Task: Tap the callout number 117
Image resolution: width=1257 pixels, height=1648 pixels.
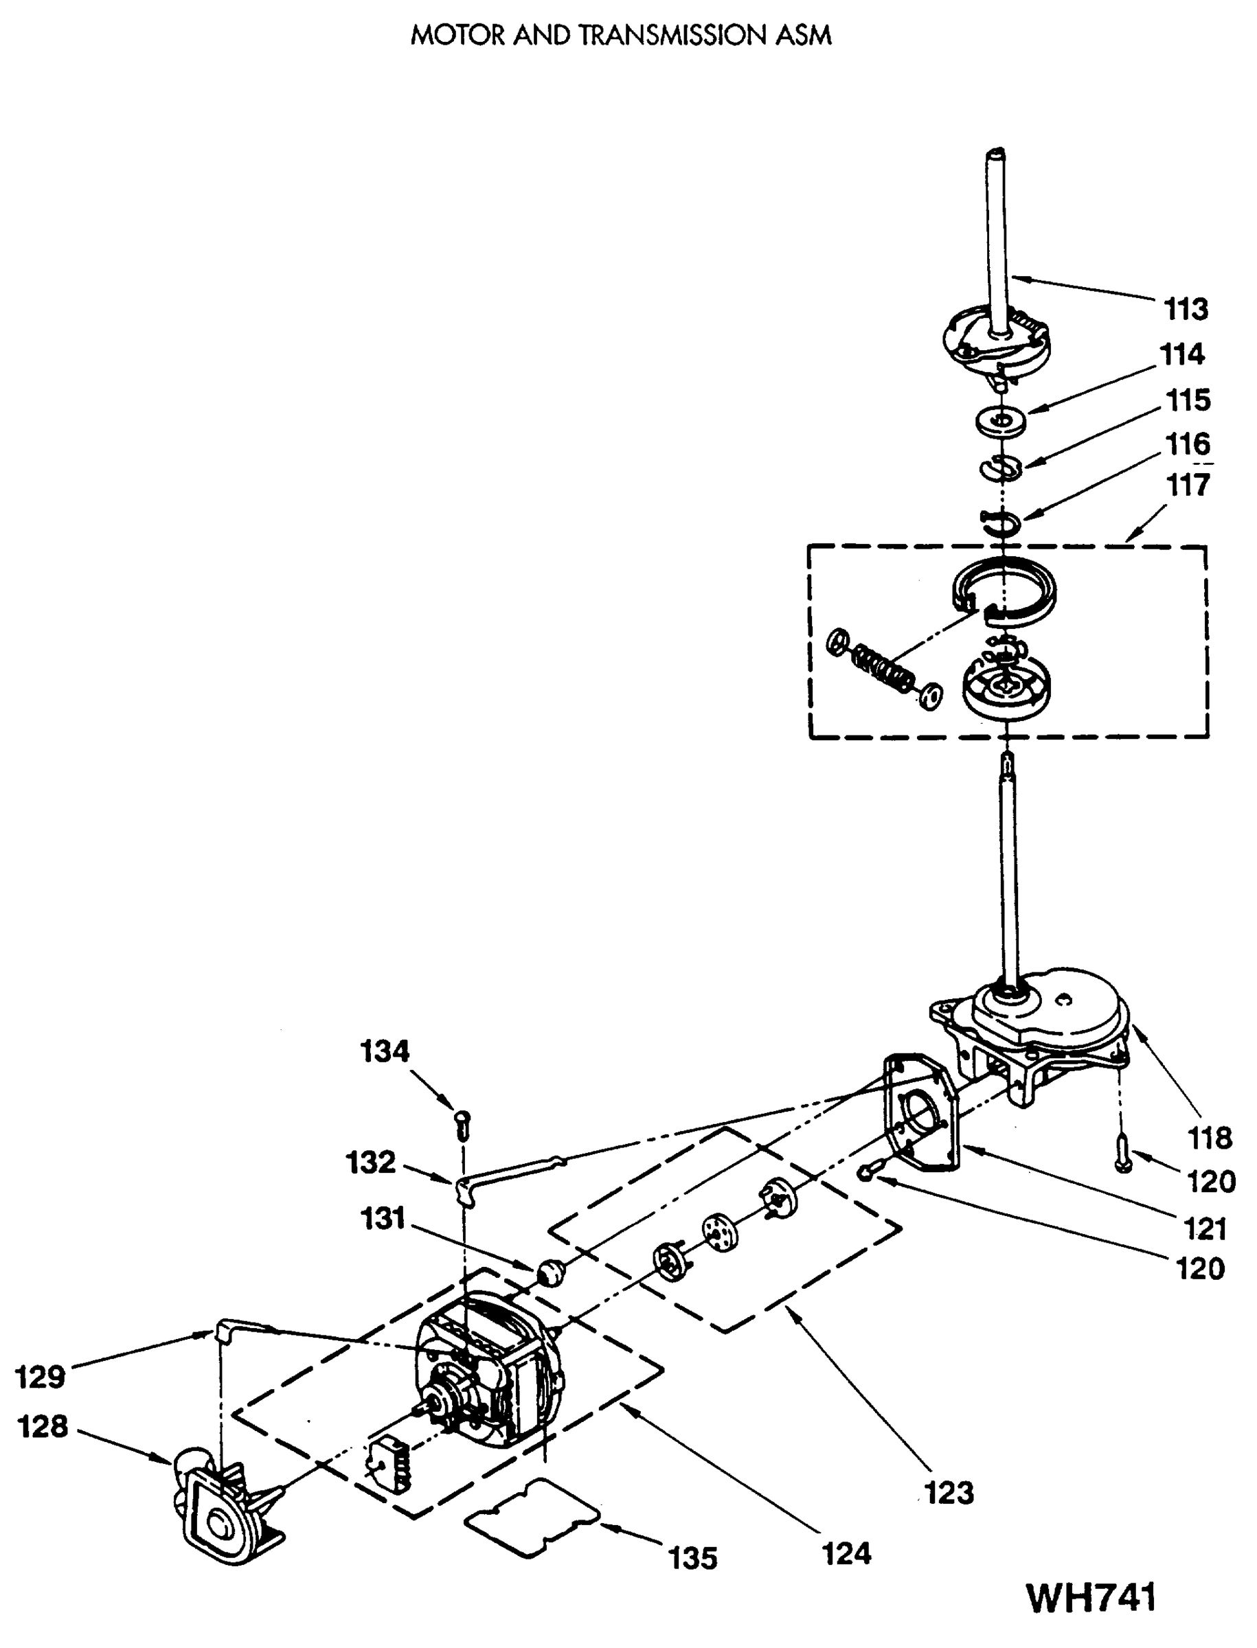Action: point(1188,485)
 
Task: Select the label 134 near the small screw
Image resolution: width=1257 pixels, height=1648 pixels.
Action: point(385,1051)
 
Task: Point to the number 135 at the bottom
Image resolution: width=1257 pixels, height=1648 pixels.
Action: point(693,1558)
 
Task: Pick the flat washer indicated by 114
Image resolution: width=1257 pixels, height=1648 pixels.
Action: point(1000,420)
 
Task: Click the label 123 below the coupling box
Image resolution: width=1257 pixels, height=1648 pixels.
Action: point(949,1492)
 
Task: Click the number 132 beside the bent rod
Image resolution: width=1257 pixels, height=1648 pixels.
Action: point(370,1163)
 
